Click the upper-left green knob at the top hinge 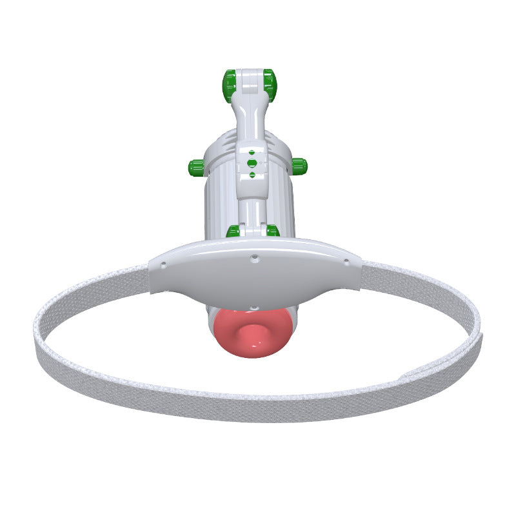click(x=229, y=85)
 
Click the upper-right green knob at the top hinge click(x=270, y=84)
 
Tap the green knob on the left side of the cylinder click(x=196, y=168)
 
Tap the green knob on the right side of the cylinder click(x=299, y=166)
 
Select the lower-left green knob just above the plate click(x=233, y=231)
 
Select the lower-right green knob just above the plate click(x=273, y=230)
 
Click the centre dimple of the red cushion click(x=252, y=333)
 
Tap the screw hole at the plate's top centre click(x=255, y=258)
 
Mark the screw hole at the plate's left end click(x=163, y=264)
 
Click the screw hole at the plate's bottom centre click(x=254, y=307)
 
